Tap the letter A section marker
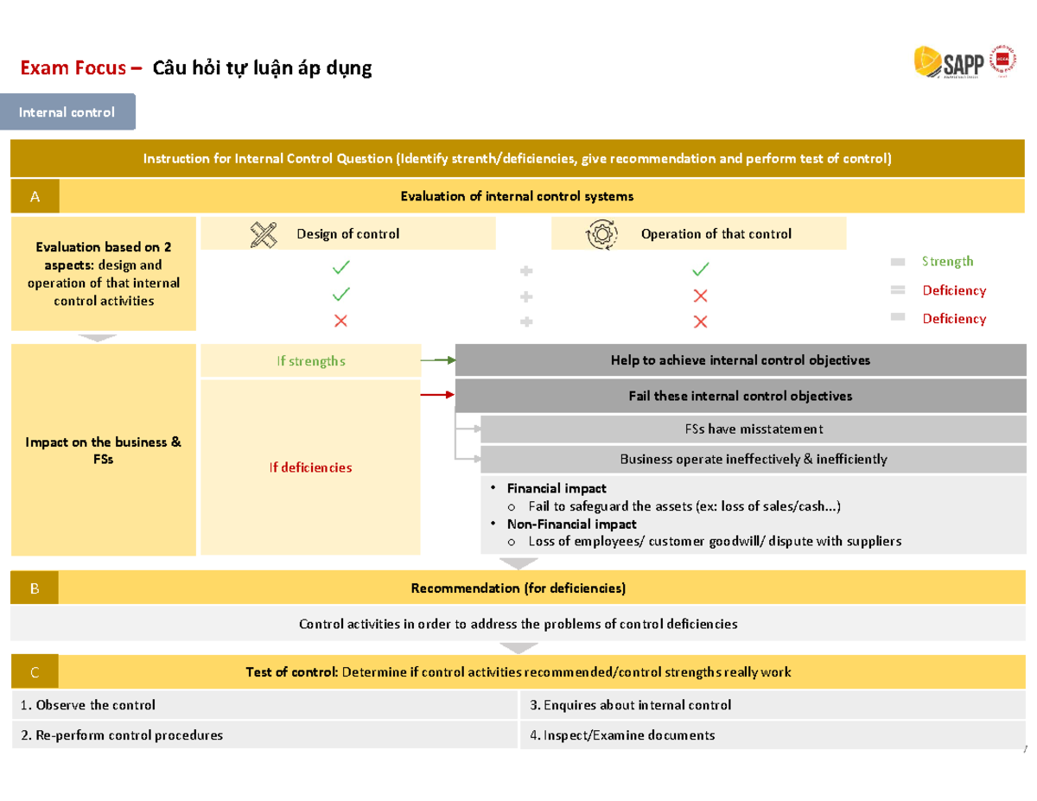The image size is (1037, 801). [35, 197]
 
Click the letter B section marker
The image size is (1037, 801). [35, 588]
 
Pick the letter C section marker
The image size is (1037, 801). [35, 672]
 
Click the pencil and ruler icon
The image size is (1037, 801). [264, 234]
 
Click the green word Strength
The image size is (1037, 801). [947, 261]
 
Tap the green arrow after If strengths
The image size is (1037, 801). [437, 359]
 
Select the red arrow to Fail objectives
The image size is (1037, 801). [437, 395]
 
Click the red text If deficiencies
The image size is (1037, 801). [310, 467]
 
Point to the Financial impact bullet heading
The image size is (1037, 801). [557, 488]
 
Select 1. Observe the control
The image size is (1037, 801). [88, 705]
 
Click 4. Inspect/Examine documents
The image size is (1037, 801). [622, 735]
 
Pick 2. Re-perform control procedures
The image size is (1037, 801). [122, 735]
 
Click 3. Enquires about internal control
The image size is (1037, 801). [631, 705]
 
